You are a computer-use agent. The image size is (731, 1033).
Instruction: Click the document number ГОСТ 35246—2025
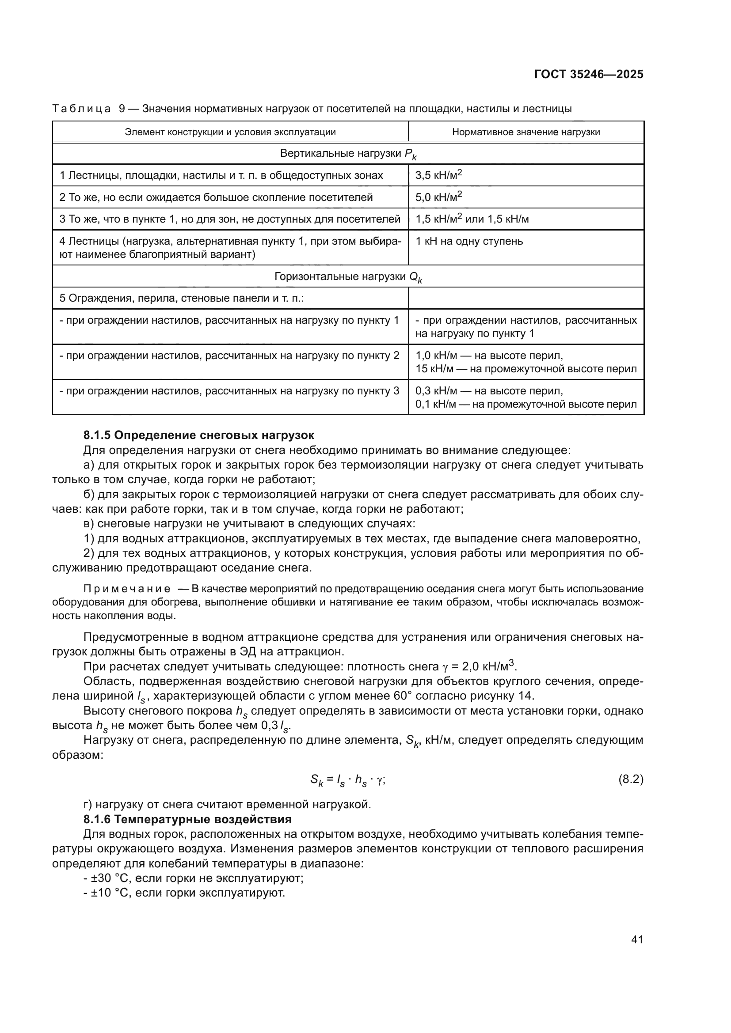(x=588, y=75)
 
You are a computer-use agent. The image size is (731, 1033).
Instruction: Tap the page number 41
(x=637, y=939)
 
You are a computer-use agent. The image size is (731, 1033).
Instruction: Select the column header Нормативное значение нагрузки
(x=526, y=132)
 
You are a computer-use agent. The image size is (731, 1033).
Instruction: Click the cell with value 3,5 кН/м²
(x=439, y=175)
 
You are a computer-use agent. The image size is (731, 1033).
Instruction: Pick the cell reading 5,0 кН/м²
(x=439, y=197)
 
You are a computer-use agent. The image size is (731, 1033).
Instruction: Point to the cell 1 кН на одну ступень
(x=469, y=241)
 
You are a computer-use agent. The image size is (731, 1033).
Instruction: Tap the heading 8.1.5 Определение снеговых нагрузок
(x=198, y=435)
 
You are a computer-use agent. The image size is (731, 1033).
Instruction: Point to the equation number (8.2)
(x=631, y=779)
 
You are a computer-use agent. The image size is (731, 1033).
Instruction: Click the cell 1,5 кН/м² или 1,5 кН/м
(x=472, y=219)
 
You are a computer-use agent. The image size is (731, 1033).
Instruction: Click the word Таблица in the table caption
(x=81, y=109)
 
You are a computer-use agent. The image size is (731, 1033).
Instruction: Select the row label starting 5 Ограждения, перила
(x=181, y=298)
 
